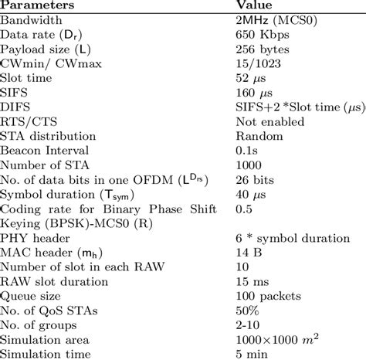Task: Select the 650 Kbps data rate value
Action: (263, 33)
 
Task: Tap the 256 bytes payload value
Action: (262, 48)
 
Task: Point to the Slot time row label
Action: (28, 77)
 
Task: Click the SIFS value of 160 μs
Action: (256, 92)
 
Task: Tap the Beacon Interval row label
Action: (46, 151)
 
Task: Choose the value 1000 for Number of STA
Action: (249, 165)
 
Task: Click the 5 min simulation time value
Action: (252, 353)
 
